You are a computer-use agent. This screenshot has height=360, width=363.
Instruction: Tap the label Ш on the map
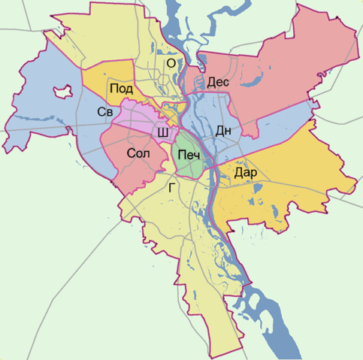[162, 133]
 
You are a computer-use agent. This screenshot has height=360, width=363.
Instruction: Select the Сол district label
[138, 153]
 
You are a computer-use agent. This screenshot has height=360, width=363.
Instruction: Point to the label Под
[122, 89]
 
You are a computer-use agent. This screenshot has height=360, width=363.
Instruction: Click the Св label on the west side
[104, 112]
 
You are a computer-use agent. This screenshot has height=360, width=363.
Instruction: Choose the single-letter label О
[171, 64]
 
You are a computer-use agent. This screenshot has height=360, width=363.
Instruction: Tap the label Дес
[218, 81]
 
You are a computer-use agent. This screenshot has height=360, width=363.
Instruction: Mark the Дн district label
[223, 130]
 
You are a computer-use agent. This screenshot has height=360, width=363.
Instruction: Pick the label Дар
[246, 173]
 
